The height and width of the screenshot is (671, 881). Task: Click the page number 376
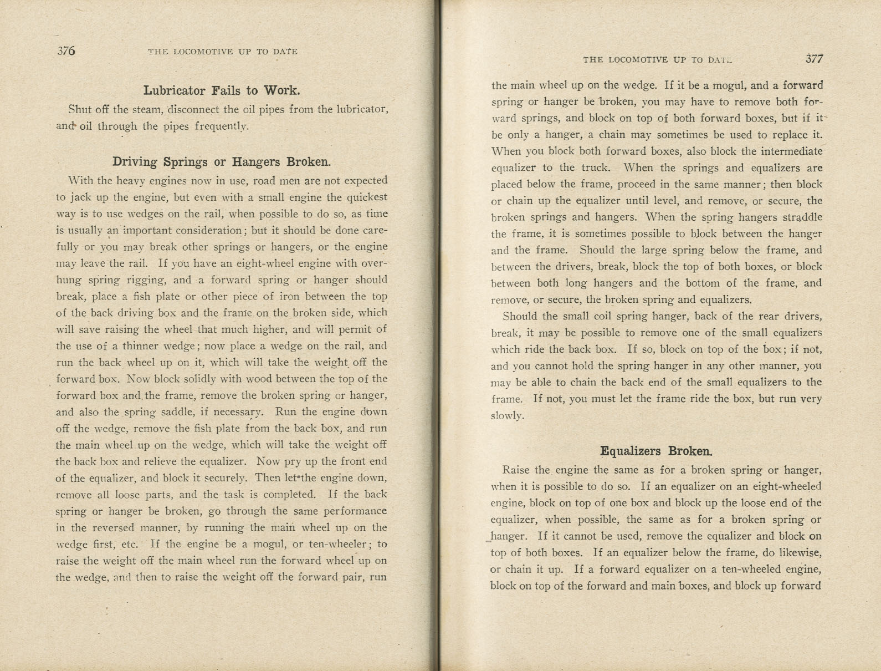coord(66,51)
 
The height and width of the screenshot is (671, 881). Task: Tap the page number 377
coord(814,59)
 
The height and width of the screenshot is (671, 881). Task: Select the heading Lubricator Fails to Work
coord(222,90)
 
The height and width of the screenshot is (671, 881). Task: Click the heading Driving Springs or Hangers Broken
coord(222,161)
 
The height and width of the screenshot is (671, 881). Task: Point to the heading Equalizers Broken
coord(656,451)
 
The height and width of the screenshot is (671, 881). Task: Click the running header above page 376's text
coord(222,52)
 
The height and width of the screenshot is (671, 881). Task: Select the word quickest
coord(367,197)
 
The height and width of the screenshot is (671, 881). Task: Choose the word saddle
coord(171,412)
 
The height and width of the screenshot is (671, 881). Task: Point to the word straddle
coord(801,217)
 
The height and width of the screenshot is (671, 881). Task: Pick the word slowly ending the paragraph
coord(506,416)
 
